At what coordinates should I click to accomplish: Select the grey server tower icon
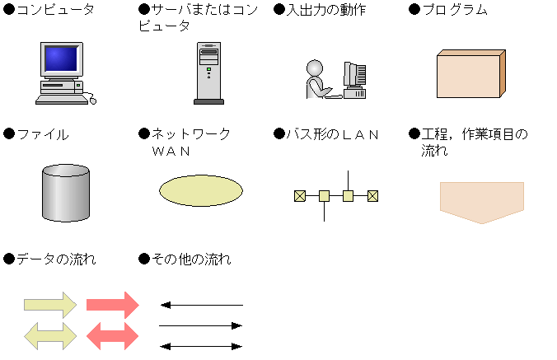click(208, 72)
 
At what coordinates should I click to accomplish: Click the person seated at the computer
click(317, 80)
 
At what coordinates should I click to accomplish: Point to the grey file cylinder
click(65, 193)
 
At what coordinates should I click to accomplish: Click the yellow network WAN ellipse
click(201, 189)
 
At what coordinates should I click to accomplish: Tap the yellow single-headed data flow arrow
click(50, 305)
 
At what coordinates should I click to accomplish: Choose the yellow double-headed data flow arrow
click(50, 334)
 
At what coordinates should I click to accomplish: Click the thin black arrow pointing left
click(201, 305)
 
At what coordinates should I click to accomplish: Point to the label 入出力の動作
click(325, 10)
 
